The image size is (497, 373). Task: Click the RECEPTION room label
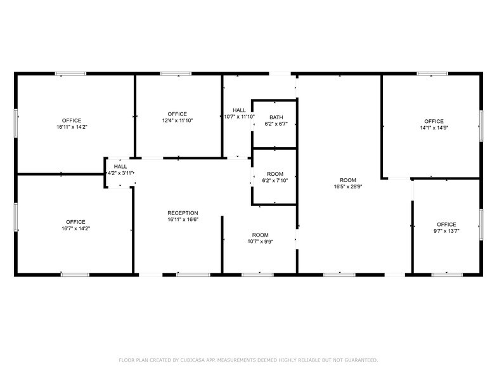pos(183,213)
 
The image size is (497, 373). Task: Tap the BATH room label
pos(276,117)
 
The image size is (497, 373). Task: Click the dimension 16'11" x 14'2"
pos(72,127)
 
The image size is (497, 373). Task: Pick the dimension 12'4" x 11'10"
pos(177,121)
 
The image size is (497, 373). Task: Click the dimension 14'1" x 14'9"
pos(434,128)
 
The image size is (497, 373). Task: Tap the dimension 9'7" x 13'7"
pos(446,231)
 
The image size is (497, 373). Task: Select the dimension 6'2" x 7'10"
pos(274,180)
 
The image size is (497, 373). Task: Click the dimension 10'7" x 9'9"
pos(260,242)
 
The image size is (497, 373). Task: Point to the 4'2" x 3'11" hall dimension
pos(120,173)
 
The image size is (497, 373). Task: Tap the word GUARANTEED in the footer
pos(359,360)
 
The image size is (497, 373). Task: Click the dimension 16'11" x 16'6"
pos(183,219)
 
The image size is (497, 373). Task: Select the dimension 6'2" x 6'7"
pos(276,124)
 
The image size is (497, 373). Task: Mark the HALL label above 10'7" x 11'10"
pos(239,110)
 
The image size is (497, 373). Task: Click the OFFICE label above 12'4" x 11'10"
pos(177,114)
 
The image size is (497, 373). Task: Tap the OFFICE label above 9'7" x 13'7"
pos(446,225)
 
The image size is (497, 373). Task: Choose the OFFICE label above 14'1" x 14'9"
pos(434,121)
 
